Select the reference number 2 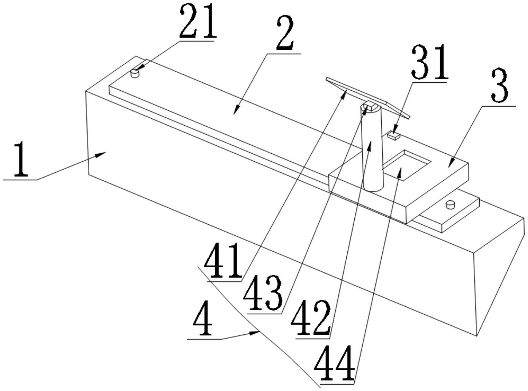tap(285, 33)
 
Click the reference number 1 tap(21, 159)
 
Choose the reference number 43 tap(263, 293)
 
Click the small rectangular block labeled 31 tap(394, 135)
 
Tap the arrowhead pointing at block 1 tap(101, 155)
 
